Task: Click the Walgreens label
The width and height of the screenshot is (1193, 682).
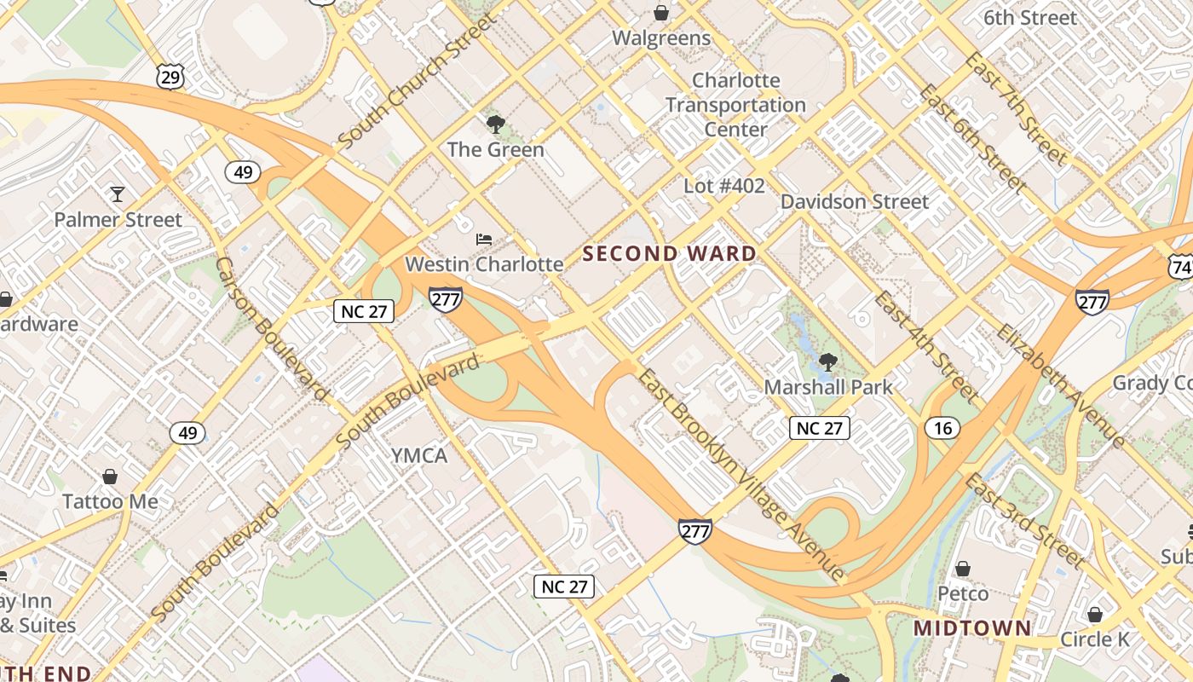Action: (661, 38)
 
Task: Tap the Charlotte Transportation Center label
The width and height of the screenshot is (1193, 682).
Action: (735, 105)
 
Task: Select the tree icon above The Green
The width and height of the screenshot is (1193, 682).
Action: (495, 125)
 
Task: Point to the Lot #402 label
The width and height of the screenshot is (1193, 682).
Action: (724, 186)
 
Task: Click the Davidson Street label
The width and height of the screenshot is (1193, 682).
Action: (855, 202)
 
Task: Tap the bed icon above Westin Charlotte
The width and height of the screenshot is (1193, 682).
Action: (484, 240)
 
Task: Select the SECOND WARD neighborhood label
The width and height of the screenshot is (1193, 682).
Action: (670, 254)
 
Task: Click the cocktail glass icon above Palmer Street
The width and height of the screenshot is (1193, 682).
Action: (118, 195)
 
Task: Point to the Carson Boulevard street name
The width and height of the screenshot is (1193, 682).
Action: (272, 328)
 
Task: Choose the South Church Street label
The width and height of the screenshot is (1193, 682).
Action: (416, 80)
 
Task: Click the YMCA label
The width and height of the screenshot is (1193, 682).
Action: (419, 456)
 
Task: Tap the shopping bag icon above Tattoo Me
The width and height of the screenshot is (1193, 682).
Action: (110, 477)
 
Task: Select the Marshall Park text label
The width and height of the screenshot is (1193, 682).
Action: (828, 387)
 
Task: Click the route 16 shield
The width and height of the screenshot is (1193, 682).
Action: (942, 428)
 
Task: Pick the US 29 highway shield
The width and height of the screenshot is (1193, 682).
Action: (170, 78)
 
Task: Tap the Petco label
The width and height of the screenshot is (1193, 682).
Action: (963, 593)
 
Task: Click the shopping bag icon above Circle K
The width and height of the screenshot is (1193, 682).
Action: (1095, 615)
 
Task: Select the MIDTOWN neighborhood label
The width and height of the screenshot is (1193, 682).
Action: (972, 629)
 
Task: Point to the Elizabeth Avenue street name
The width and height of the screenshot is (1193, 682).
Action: (1060, 386)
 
